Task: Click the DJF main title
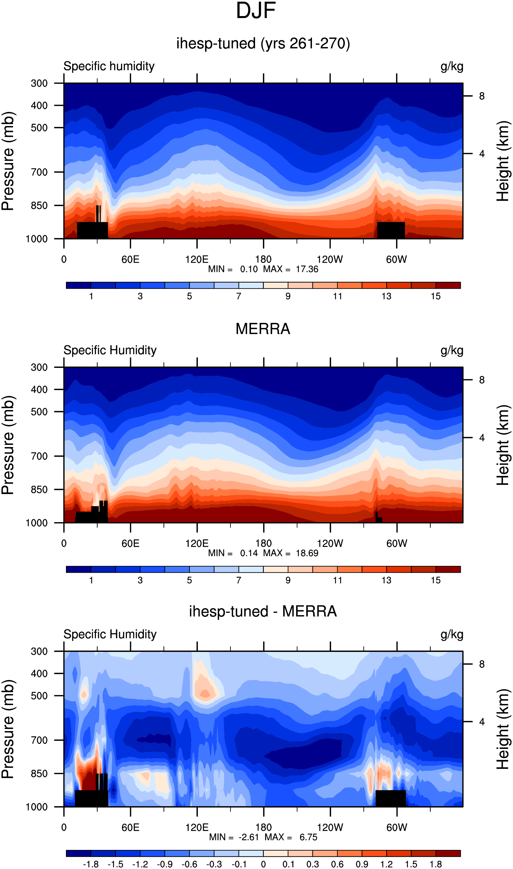pyautogui.click(x=256, y=11)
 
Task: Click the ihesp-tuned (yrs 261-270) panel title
pyautogui.click(x=263, y=44)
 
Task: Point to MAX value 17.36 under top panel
pyautogui.click(x=307, y=269)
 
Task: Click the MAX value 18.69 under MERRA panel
pyautogui.click(x=307, y=553)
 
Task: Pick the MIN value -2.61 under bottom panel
pyautogui.click(x=249, y=837)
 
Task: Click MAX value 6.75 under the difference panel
pyautogui.click(x=308, y=837)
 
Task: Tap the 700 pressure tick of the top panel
pyautogui.click(x=39, y=172)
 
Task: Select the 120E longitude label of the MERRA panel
pyautogui.click(x=197, y=543)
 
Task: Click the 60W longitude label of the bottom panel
pyautogui.click(x=397, y=827)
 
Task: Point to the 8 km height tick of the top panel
pyautogui.click(x=481, y=96)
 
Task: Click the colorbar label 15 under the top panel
pyautogui.click(x=436, y=296)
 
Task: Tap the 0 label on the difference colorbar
pyautogui.click(x=264, y=864)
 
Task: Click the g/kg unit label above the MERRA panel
pyautogui.click(x=452, y=350)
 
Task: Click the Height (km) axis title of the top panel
pyautogui.click(x=503, y=161)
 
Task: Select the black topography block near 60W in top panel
pyautogui.click(x=391, y=230)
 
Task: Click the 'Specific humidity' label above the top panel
pyautogui.click(x=109, y=66)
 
